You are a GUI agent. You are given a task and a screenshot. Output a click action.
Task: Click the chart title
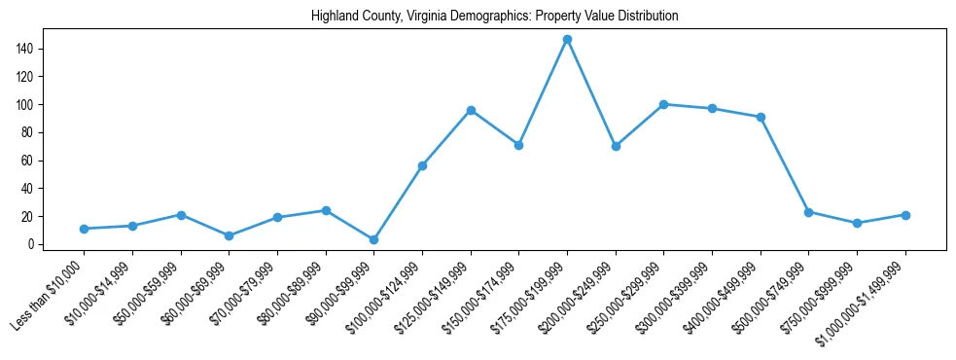point(494,17)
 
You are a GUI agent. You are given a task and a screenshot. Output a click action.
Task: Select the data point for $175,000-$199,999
point(567,39)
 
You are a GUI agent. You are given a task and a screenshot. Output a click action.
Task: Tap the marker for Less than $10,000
point(84,229)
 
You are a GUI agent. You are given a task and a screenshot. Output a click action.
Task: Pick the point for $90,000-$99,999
point(373,239)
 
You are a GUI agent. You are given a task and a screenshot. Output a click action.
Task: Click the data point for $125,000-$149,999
point(471,110)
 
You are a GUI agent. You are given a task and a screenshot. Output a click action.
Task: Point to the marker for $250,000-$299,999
point(663,104)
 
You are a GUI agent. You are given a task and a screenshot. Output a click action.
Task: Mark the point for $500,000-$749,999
point(808,212)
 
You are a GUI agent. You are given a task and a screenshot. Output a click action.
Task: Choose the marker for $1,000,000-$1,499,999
point(905,215)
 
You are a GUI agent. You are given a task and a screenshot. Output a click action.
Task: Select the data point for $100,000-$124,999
point(422,165)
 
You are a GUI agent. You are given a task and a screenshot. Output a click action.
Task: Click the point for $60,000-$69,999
point(229,235)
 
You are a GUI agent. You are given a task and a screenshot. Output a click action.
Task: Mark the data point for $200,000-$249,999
point(616,146)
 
